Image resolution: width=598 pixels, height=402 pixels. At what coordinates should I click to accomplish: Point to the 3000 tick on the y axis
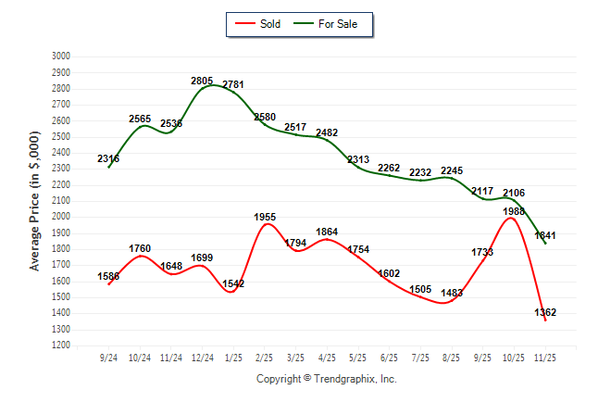click(x=60, y=57)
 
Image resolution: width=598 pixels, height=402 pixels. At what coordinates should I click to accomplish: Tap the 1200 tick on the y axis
click(x=60, y=345)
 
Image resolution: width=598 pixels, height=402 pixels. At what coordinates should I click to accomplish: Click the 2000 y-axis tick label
click(x=60, y=217)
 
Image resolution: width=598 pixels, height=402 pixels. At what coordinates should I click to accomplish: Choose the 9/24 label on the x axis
click(x=108, y=358)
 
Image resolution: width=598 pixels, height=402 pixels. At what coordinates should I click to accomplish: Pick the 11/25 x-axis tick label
click(x=545, y=358)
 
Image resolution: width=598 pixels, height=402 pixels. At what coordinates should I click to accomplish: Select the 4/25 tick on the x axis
click(x=327, y=358)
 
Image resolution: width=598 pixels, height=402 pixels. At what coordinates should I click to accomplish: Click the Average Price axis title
click(x=35, y=201)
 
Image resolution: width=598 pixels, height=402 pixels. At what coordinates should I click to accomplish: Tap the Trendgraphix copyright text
click(x=326, y=379)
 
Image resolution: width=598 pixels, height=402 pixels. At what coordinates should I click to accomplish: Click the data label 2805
click(x=202, y=82)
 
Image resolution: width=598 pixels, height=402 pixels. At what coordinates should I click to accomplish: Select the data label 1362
click(x=545, y=312)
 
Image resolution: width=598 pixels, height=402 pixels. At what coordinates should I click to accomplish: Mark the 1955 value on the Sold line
click(x=266, y=218)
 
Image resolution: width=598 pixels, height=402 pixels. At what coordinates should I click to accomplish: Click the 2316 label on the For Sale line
click(x=108, y=159)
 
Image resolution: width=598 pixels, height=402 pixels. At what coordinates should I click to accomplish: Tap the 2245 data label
click(x=451, y=170)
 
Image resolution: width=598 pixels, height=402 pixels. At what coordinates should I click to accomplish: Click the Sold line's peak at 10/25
click(x=510, y=219)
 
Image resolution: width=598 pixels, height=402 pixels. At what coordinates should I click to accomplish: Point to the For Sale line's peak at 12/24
click(x=212, y=85)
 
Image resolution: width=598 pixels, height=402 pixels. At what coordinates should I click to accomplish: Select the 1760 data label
click(x=140, y=248)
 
